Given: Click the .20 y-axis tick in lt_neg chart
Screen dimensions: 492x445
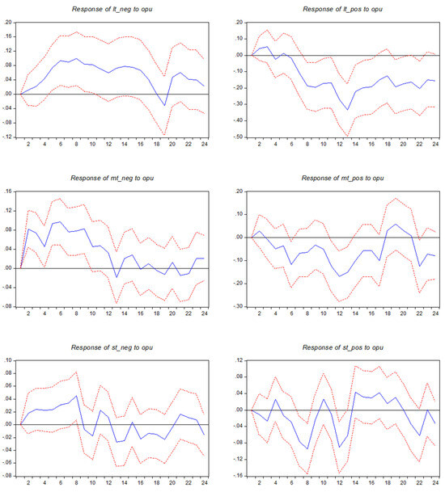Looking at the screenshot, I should click(8, 22).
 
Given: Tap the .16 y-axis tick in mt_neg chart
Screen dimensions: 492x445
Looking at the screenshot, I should click(8, 191).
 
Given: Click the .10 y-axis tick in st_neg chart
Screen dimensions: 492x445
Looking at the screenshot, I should click(8, 360).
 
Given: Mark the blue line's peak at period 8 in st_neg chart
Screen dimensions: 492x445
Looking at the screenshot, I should click(75, 397).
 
